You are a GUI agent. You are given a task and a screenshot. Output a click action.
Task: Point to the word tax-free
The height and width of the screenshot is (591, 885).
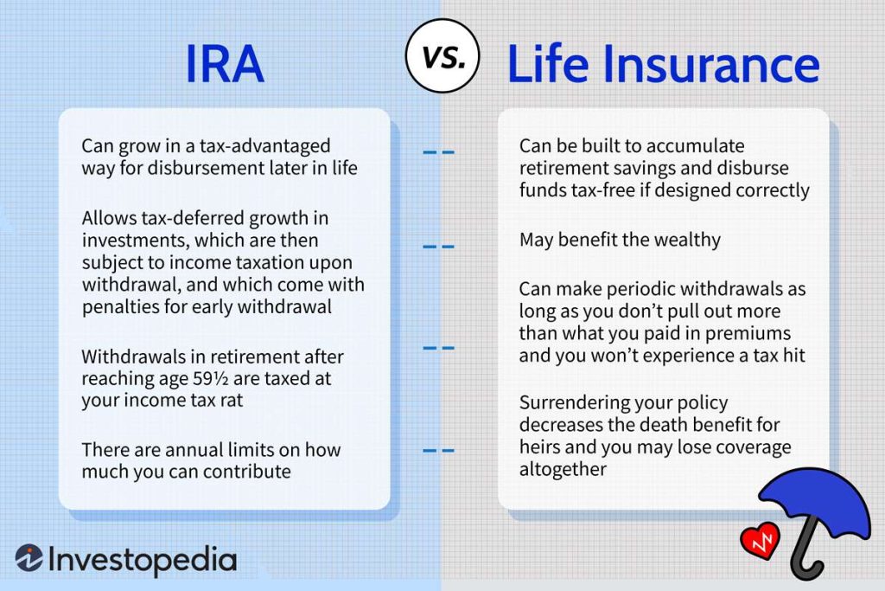[x=604, y=190]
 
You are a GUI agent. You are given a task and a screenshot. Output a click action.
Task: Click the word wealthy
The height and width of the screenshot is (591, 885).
[x=682, y=240]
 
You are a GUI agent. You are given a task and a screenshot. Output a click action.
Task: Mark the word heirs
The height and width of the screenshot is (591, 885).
[x=540, y=447]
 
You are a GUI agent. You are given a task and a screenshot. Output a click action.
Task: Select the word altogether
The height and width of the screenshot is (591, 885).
[x=563, y=469]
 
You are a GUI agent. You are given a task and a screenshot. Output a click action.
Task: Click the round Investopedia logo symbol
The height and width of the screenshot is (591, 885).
[x=29, y=559]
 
